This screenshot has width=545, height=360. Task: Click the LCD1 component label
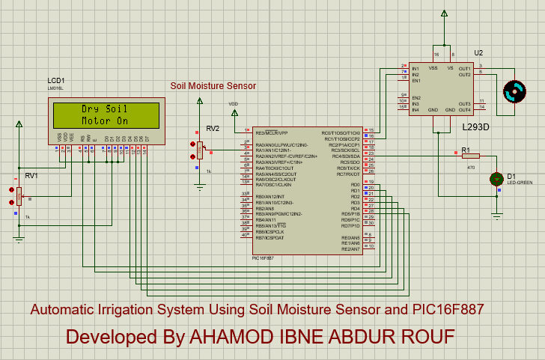tap(56, 80)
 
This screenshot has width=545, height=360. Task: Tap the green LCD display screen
tap(105, 115)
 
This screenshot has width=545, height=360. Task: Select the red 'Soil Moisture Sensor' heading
tap(213, 86)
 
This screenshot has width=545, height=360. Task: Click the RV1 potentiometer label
tap(31, 175)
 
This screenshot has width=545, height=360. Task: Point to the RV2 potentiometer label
tap(213, 128)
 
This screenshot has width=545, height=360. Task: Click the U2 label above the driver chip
tap(478, 52)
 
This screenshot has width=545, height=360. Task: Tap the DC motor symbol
tap(514, 91)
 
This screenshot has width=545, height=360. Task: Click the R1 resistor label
tap(465, 150)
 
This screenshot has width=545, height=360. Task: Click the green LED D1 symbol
tap(496, 179)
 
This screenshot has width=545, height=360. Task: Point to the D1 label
tap(511, 176)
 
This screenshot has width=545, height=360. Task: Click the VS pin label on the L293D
tap(450, 68)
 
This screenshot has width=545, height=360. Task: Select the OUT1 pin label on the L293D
tap(464, 68)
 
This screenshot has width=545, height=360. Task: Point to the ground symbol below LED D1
tap(496, 216)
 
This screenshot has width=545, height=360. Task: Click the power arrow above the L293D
tap(444, 13)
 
